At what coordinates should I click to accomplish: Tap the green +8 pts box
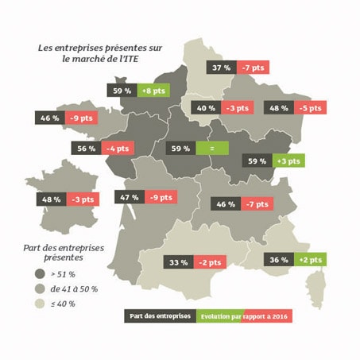point(153,91)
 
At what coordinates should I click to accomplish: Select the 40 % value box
point(206,107)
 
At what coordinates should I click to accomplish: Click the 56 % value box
point(87,148)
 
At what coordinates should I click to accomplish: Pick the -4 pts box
point(118,148)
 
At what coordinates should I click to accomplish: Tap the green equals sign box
point(211,148)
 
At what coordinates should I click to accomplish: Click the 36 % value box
point(277,260)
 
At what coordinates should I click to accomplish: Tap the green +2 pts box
point(309,260)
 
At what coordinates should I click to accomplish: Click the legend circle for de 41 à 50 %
point(39,288)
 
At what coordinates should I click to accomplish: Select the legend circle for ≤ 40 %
point(39,303)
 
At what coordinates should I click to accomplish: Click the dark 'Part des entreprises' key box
point(161,315)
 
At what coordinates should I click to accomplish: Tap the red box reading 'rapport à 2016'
point(268,315)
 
